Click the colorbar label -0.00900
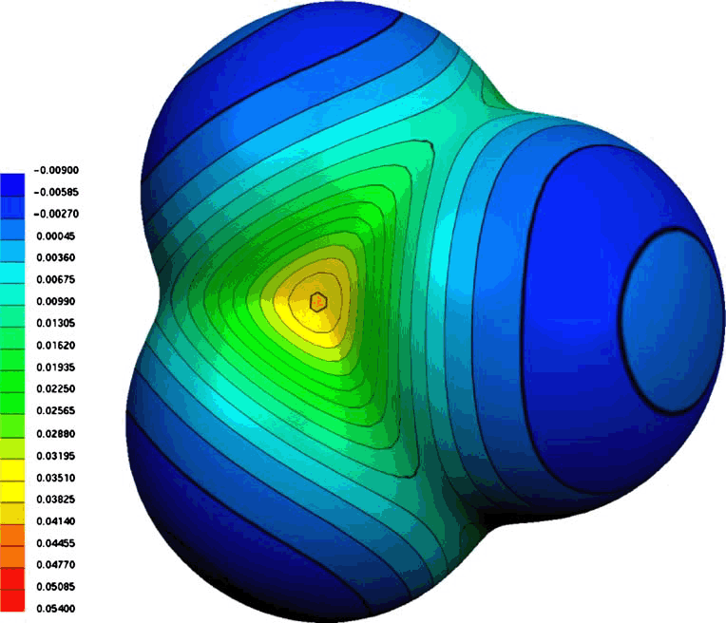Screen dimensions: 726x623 (56, 170)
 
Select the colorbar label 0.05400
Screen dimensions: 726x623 (55, 608)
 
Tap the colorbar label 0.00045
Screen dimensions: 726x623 (55, 236)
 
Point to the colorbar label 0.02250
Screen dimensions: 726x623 (55, 388)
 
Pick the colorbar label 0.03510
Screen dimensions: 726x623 (55, 478)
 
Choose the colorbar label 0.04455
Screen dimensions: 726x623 (55, 543)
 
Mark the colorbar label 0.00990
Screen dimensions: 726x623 (55, 301)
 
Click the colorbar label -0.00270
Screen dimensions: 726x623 (56, 214)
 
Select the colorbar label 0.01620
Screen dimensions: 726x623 (55, 346)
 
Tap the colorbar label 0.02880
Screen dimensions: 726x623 (55, 434)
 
